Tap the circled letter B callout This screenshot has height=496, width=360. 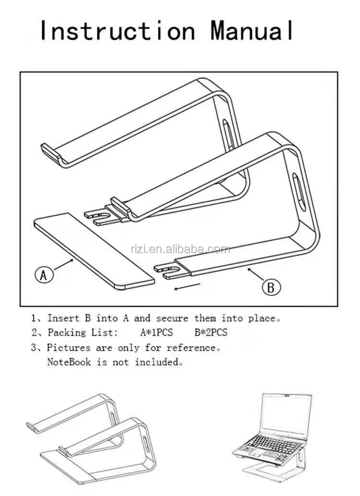[271, 287]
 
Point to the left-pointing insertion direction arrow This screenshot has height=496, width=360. [187, 286]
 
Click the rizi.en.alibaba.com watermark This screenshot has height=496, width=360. [180, 249]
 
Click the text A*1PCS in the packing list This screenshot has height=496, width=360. [156, 332]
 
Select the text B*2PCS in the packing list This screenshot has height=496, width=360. [211, 332]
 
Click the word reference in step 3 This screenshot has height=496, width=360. [192, 347]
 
